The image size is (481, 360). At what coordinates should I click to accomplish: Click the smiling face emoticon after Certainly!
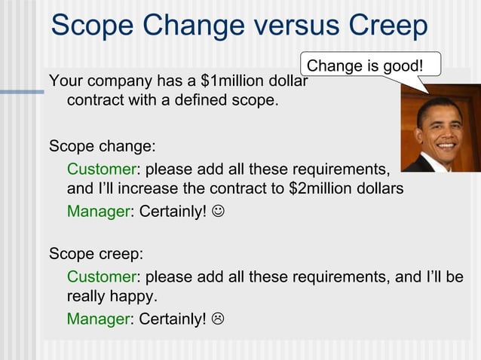(x=217, y=212)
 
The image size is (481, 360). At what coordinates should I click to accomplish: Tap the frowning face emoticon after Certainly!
(x=217, y=319)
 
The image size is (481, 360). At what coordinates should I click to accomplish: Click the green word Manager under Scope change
(x=98, y=212)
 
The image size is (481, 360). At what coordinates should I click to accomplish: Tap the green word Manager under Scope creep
(x=98, y=319)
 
